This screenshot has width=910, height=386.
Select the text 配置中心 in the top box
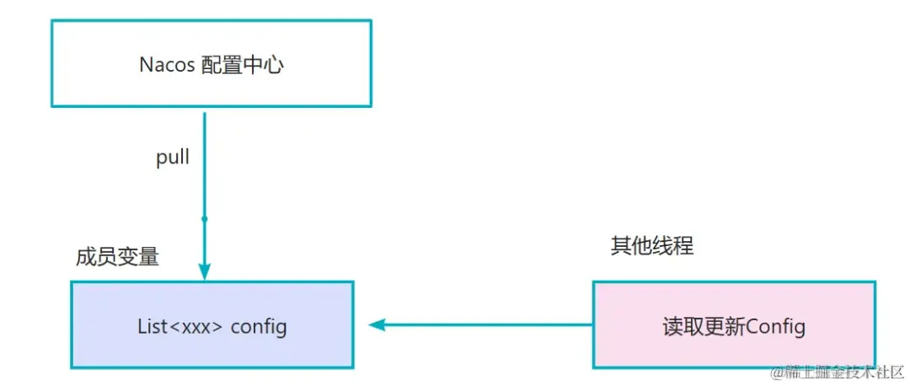pos(242,65)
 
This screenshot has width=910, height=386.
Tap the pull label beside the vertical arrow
pos(173,158)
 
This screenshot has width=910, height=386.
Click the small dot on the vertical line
pos(204,219)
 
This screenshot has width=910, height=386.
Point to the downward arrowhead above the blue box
pos(204,271)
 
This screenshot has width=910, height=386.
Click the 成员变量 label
pos(117,257)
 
